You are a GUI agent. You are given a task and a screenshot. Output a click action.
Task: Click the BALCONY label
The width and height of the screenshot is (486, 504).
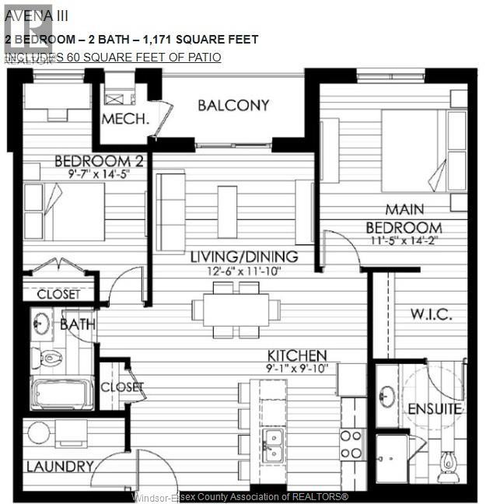(x=233, y=105)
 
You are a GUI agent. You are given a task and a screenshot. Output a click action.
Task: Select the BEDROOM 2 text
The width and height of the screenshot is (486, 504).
(x=89, y=162)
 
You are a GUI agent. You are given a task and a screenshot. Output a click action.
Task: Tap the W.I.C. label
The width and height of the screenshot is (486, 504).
(x=431, y=314)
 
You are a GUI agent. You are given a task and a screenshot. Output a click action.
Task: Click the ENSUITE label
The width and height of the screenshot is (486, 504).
(x=435, y=408)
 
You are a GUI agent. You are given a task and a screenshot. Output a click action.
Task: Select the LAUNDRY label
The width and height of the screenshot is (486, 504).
(x=56, y=467)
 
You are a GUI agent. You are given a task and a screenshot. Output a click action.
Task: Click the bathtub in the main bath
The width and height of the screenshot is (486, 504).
(x=64, y=394)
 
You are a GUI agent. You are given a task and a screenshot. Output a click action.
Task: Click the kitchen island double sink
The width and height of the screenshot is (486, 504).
(x=272, y=445)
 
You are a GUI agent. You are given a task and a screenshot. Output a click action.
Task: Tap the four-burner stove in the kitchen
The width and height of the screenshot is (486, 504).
(x=351, y=443)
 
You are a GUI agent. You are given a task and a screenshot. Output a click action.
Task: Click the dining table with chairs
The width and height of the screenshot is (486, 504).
(x=236, y=310)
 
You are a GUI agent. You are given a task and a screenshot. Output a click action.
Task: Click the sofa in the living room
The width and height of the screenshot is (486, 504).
(x=170, y=201)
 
